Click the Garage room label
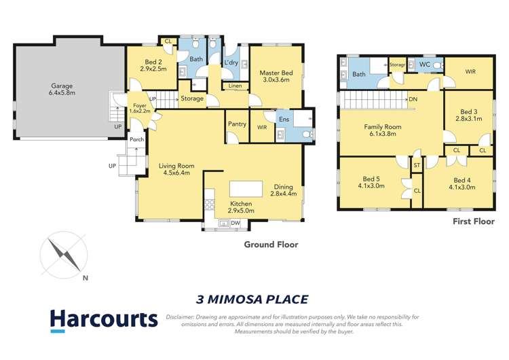[61, 91]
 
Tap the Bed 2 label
[153, 65]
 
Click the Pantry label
[237, 124]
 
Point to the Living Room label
[176, 168]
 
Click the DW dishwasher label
[235, 223]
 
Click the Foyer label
[139, 109]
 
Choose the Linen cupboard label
[234, 86]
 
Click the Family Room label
[383, 130]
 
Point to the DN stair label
[413, 99]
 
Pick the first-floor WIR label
[470, 71]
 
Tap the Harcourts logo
[103, 321]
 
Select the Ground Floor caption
[271, 245]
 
